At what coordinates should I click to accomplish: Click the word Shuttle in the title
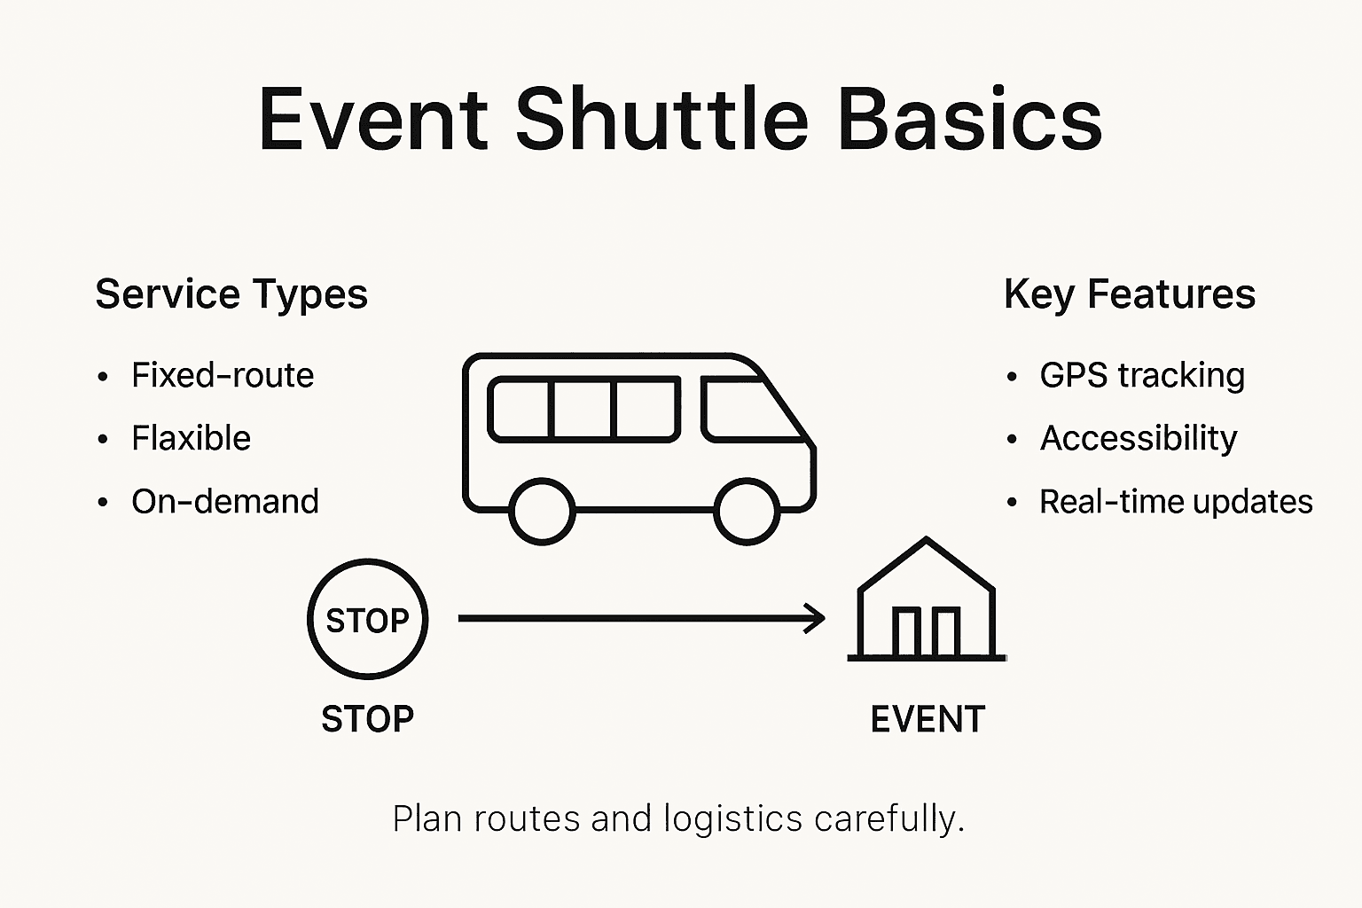pos(661,120)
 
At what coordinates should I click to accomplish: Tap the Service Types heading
pos(231,294)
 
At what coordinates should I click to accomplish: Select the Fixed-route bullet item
pos(222,375)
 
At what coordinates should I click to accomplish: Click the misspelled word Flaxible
pos(191,438)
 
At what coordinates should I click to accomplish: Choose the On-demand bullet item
pos(224,502)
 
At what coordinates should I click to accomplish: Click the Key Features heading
pos(1129,294)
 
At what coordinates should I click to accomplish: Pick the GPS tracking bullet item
pos(1141,375)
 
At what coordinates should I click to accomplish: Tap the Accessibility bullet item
pos(1138,438)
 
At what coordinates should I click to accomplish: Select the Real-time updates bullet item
pos(1175,502)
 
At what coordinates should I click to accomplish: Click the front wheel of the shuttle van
pos(747,512)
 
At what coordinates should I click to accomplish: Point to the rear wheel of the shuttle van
pos(543,512)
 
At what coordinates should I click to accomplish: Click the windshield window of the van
pos(749,410)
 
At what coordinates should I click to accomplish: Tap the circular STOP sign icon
pos(367,619)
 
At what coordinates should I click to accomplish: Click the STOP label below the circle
pos(367,719)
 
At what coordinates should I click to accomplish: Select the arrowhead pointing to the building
pos(816,618)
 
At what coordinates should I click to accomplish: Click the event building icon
pos(927,603)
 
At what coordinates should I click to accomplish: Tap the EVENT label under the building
pos(928,719)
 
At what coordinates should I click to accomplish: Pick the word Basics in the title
pos(969,120)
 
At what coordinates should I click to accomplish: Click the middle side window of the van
pos(583,409)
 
